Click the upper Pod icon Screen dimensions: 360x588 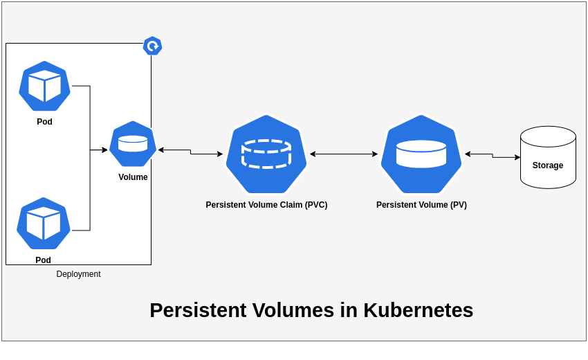[44, 86]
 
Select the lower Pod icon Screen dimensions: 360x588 [44, 223]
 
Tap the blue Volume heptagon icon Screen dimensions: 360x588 [133, 144]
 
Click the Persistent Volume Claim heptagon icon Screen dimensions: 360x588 [266, 154]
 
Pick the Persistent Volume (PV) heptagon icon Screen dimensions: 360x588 [421, 154]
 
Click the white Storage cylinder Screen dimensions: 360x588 [548, 157]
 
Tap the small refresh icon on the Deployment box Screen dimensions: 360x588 [152, 46]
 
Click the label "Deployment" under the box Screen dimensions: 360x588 [78, 274]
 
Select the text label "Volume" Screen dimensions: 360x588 [133, 177]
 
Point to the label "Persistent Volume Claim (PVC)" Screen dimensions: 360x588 [266, 205]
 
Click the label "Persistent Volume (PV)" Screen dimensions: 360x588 [421, 205]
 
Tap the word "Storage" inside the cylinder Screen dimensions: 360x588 [548, 165]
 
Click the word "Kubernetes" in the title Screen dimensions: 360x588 [418, 310]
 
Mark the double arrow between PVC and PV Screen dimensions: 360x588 [344, 154]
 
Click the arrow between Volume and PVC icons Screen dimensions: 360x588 [190, 152]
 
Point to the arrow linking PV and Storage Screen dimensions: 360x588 [493, 156]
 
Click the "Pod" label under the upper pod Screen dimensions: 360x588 [44, 122]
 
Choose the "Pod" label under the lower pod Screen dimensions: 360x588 [43, 260]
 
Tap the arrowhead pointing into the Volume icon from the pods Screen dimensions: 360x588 [104, 150]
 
